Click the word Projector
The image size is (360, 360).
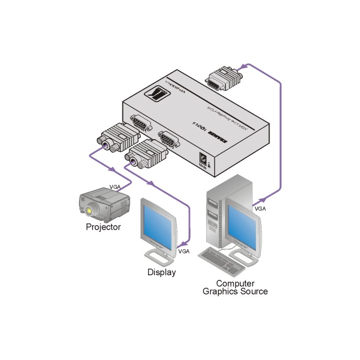(103, 227)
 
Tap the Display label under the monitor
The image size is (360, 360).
(161, 272)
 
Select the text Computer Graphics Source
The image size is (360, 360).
(235, 288)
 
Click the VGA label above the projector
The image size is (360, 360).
(116, 186)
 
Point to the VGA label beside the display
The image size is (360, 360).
(184, 251)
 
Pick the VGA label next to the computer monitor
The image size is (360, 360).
(260, 208)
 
